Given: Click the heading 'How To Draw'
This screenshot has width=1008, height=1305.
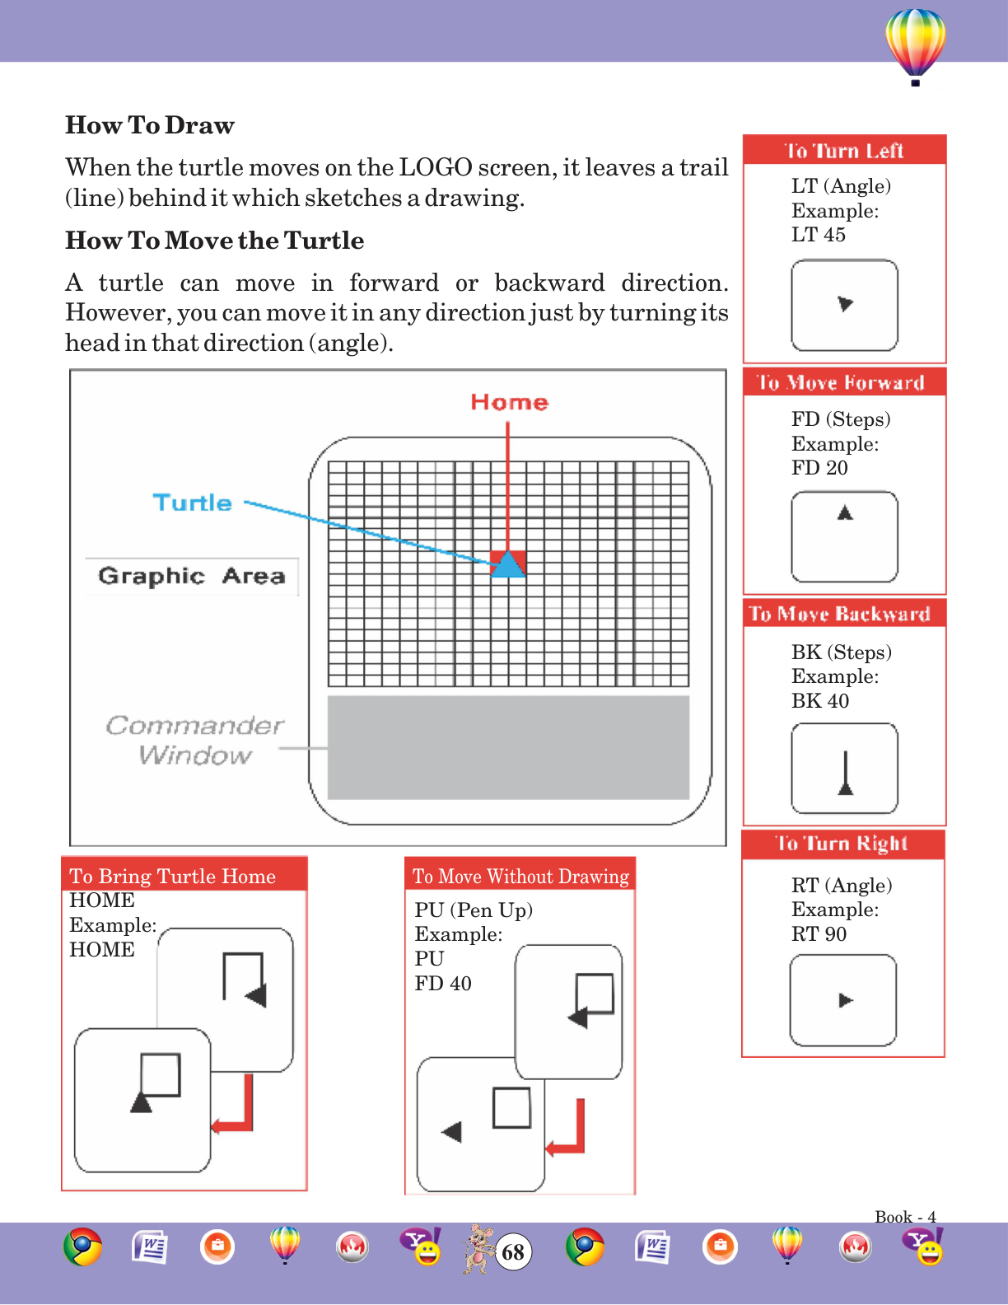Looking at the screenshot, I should pos(150,125).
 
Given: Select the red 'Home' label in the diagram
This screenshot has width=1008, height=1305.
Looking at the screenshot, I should pos(509,402).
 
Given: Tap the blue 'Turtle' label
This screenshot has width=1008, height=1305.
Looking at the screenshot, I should pos(193,503).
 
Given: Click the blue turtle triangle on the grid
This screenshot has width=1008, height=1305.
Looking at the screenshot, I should pos(509,565).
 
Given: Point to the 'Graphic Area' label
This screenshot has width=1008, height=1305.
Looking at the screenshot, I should pos(191,575).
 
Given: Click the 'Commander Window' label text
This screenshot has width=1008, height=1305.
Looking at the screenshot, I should pos(194,740).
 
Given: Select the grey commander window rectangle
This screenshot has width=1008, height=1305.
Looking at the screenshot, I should pos(508,747).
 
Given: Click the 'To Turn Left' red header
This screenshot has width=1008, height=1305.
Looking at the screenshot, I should pos(844,151).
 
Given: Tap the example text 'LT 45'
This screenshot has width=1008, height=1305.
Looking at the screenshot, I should pos(819,235).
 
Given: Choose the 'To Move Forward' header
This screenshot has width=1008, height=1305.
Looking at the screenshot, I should pos(841,382).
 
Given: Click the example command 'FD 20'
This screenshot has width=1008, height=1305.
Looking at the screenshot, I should pos(819,468).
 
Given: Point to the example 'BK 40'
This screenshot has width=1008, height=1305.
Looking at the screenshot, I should pos(820,701).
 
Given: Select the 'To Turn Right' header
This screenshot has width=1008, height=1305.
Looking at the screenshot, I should pos(842,844).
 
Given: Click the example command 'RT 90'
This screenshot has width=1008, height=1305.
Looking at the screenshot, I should pos(819,934).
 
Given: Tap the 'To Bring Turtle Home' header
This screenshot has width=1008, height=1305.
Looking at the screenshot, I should pos(173,876).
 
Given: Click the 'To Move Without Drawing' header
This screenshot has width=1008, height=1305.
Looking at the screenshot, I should pos(520,876).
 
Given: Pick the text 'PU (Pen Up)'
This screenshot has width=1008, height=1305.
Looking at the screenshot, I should pos(474,910).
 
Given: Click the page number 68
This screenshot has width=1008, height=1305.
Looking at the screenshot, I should pos(513,1252).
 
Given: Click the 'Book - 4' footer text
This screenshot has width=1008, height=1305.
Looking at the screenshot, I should pos(905,1216).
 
